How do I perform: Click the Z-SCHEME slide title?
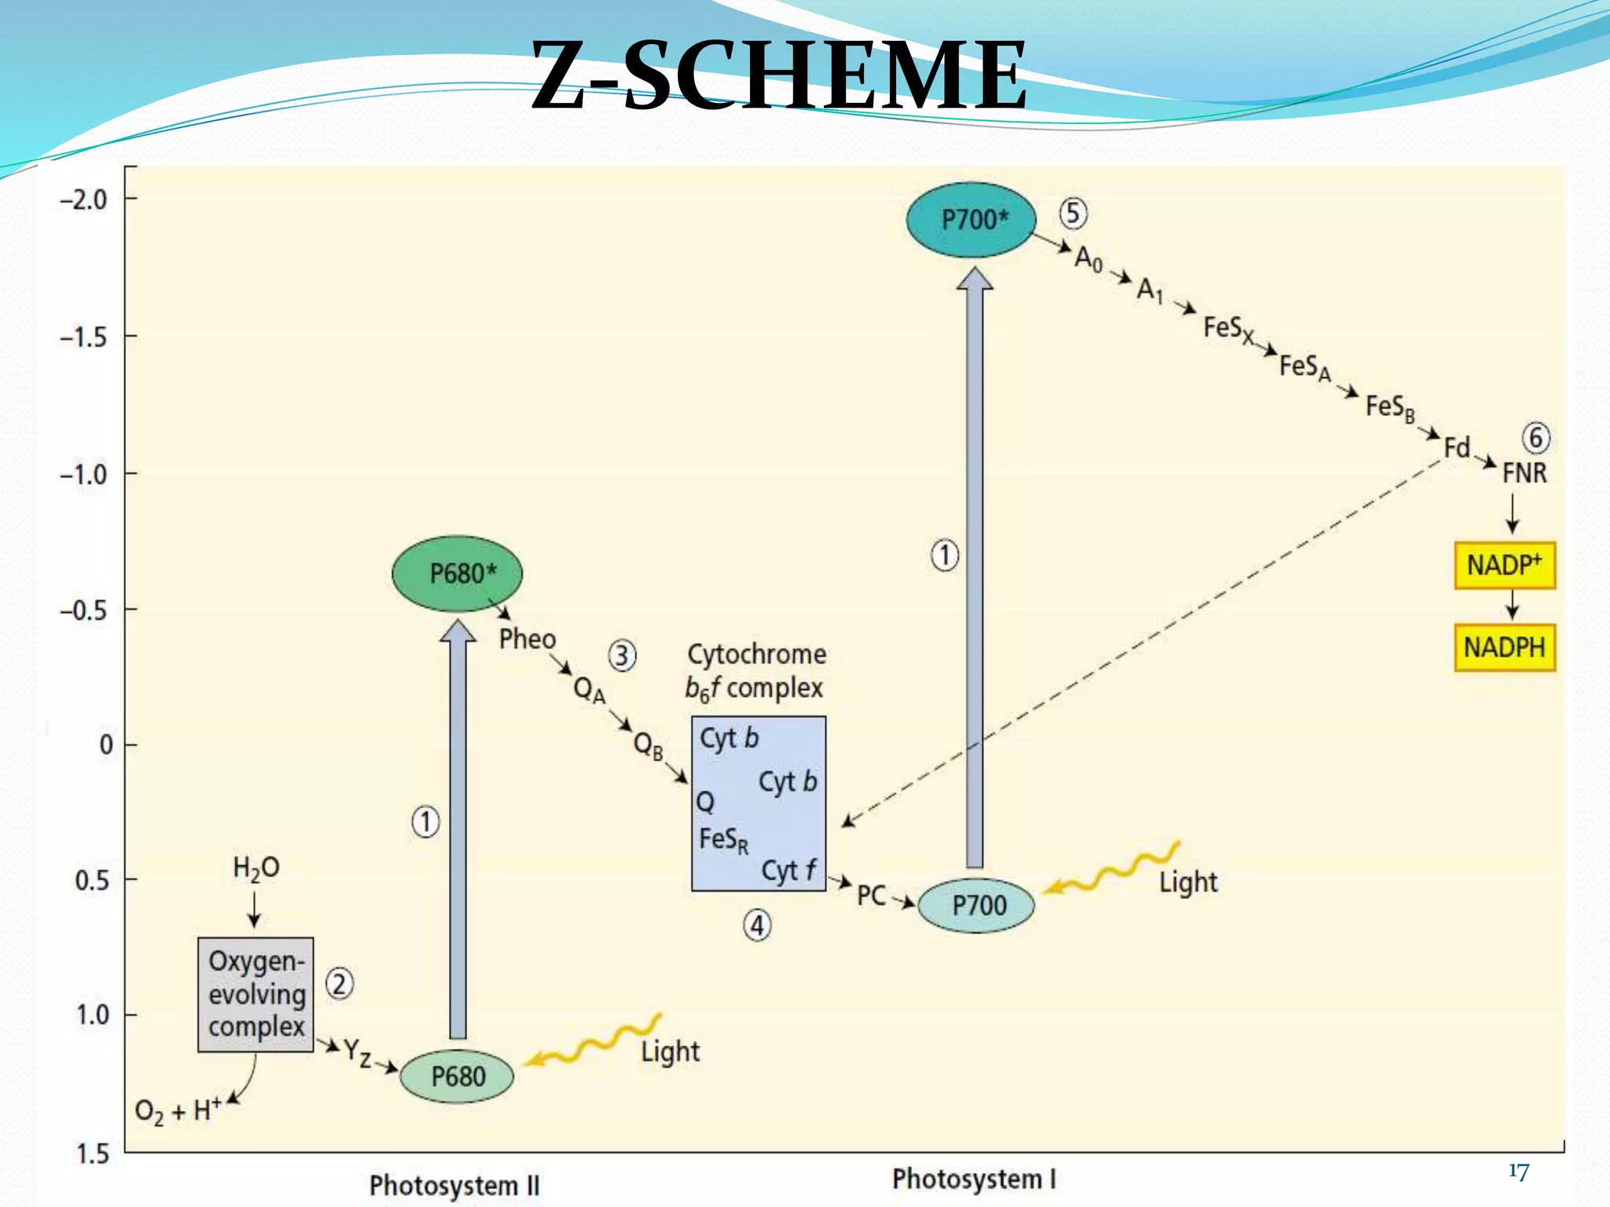pyautogui.click(x=778, y=75)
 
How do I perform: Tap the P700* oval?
pyautogui.click(x=971, y=220)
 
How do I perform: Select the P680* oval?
pyautogui.click(x=457, y=574)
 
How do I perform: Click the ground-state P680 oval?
pyautogui.click(x=457, y=1076)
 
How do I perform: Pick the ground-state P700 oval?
pyautogui.click(x=976, y=905)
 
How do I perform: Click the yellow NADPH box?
pyautogui.click(x=1504, y=648)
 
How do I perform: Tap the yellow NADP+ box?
pyautogui.click(x=1504, y=565)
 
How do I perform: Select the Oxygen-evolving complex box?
pyautogui.click(x=255, y=994)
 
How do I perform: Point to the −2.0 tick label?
pyautogui.click(x=83, y=200)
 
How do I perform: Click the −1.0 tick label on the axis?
pyautogui.click(x=83, y=475)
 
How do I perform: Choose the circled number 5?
pyautogui.click(x=1073, y=214)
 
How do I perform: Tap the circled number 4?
pyautogui.click(x=757, y=926)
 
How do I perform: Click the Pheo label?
pyautogui.click(x=527, y=639)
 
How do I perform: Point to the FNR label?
pyautogui.click(x=1524, y=473)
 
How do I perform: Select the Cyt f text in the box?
pyautogui.click(x=788, y=871)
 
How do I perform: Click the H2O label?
pyautogui.click(x=255, y=868)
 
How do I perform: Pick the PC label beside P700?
pyautogui.click(x=871, y=895)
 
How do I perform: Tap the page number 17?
pyautogui.click(x=1518, y=1172)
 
